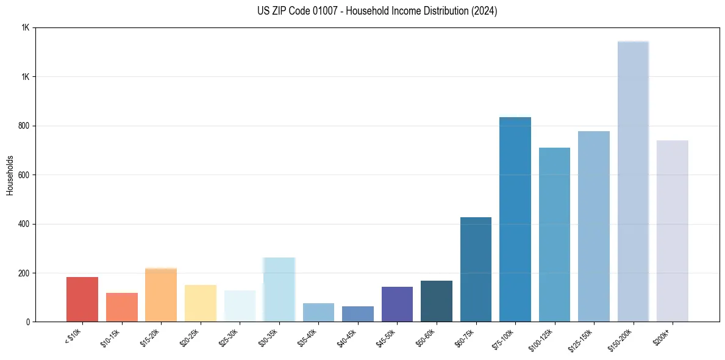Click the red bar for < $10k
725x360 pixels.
click(x=82, y=300)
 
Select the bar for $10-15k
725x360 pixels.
click(x=122, y=308)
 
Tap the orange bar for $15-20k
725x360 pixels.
click(x=161, y=295)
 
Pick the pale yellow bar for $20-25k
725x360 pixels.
click(x=201, y=303)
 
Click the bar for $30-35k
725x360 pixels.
click(x=279, y=290)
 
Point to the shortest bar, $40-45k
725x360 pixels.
click(x=358, y=314)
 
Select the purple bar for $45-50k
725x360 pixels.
click(x=397, y=304)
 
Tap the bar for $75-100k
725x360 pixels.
click(x=515, y=220)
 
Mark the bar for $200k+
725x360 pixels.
click(x=673, y=231)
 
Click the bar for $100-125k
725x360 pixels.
click(x=554, y=235)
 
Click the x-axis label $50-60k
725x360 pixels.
click(x=426, y=337)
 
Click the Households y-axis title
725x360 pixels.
click(x=10, y=175)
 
